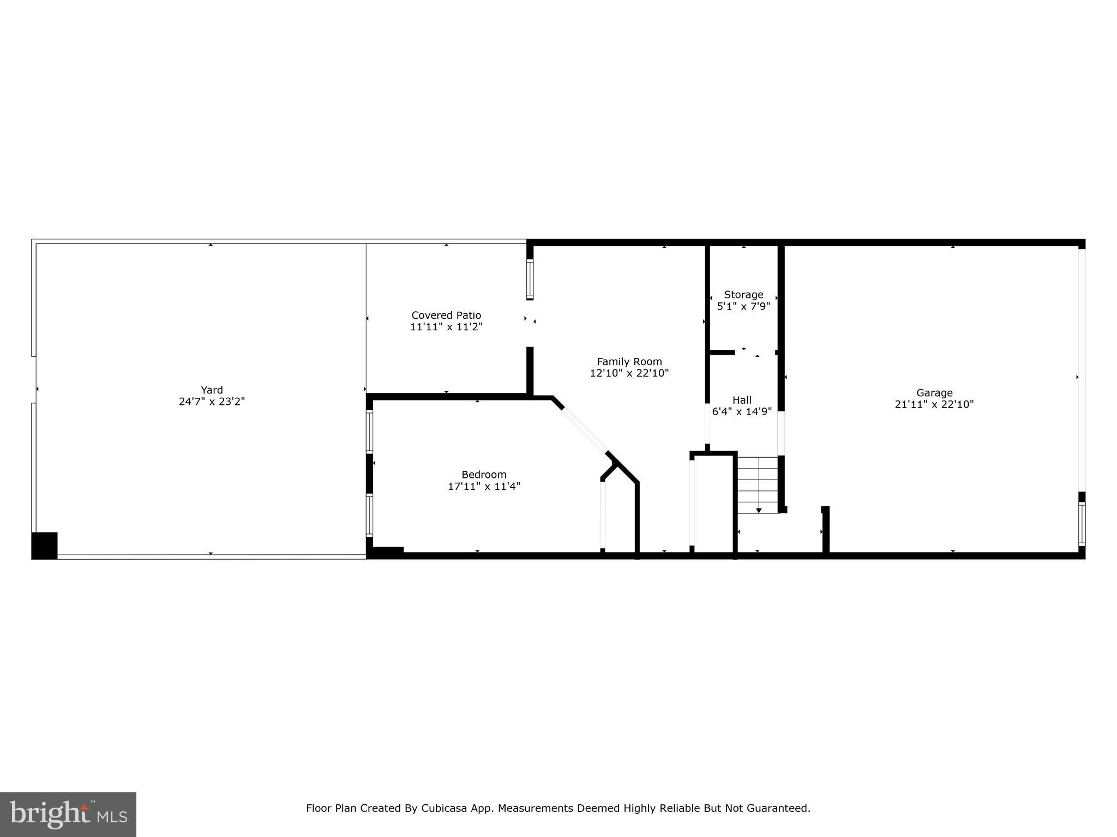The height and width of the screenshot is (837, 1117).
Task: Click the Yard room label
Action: point(212,390)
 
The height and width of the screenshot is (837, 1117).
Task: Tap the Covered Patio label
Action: point(446,315)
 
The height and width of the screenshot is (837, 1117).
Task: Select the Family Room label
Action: point(629,361)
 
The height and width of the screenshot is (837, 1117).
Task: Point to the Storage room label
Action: point(743,295)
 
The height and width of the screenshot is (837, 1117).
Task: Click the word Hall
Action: point(742,400)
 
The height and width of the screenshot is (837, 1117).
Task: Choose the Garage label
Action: point(934,392)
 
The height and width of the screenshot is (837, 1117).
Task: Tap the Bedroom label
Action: point(484,475)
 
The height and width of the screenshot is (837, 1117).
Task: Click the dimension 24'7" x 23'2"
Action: point(212,402)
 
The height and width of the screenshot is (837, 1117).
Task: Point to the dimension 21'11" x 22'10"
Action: point(934,404)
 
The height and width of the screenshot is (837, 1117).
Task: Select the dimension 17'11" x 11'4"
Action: point(484,486)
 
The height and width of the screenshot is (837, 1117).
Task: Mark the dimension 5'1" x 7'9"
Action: point(743,306)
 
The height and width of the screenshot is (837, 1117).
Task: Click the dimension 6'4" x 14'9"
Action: point(742,411)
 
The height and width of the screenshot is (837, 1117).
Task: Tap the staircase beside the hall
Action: point(758,484)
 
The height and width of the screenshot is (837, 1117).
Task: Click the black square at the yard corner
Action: point(44,545)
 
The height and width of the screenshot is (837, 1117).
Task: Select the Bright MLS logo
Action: point(68,815)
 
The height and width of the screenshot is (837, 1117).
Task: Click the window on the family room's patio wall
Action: point(530,279)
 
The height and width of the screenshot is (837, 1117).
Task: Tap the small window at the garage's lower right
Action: point(1082,524)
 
